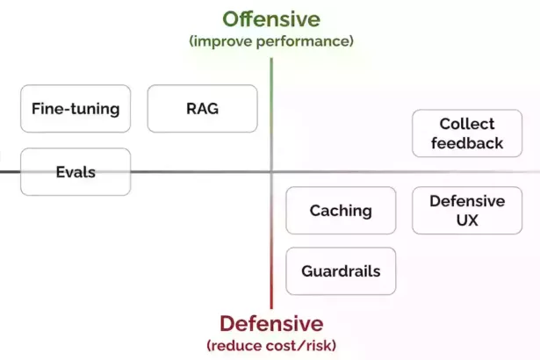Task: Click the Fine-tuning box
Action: tap(76, 109)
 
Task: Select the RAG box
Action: tap(203, 109)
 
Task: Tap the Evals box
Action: tap(76, 172)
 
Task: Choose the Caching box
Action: tap(341, 211)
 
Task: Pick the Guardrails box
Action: tap(341, 271)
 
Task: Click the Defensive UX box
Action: tap(467, 211)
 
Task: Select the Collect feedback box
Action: tap(467, 133)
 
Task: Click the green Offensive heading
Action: tap(271, 19)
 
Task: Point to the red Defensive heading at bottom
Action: tap(271, 324)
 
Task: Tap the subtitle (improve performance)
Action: tap(271, 41)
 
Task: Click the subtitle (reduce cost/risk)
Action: tap(271, 345)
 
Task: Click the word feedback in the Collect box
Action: tap(467, 143)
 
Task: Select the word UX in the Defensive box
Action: tap(467, 220)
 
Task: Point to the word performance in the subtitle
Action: tap(303, 41)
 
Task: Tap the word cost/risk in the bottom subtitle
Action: tap(299, 345)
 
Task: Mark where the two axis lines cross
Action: tap(271, 171)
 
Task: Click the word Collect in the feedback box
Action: tap(467, 124)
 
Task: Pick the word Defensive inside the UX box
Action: tap(467, 201)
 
